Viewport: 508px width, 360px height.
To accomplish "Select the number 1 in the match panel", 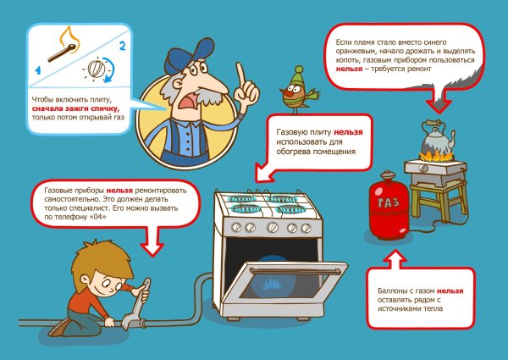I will pyautogui.click(x=38, y=64).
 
